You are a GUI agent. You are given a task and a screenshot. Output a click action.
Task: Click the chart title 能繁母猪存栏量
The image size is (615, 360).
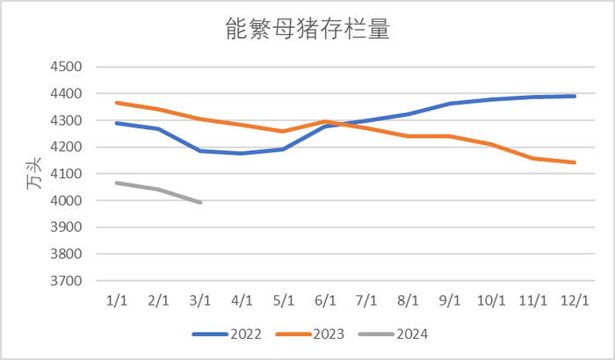tap(307, 31)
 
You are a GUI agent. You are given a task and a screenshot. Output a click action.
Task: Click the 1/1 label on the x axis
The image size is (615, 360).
tap(116, 300)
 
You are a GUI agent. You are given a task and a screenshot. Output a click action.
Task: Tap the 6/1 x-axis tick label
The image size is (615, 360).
tap(325, 300)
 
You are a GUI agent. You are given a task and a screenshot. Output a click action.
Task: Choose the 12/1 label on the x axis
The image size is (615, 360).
tap(575, 300)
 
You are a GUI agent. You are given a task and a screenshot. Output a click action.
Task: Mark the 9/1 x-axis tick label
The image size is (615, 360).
tap(450, 300)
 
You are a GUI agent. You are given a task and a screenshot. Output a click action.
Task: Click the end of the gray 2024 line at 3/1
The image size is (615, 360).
tap(200, 203)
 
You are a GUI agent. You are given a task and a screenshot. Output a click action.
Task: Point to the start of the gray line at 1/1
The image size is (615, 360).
tap(117, 183)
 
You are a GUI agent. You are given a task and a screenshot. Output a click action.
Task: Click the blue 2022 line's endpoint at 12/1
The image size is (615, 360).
tap(575, 96)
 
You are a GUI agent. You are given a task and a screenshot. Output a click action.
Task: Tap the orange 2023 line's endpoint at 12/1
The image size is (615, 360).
tap(575, 162)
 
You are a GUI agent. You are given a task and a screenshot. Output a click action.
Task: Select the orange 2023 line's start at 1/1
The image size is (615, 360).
tap(117, 103)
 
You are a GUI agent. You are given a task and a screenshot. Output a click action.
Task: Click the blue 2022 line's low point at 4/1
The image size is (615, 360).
tap(242, 154)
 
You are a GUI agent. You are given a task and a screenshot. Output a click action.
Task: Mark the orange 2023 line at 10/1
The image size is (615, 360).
tap(492, 144)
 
